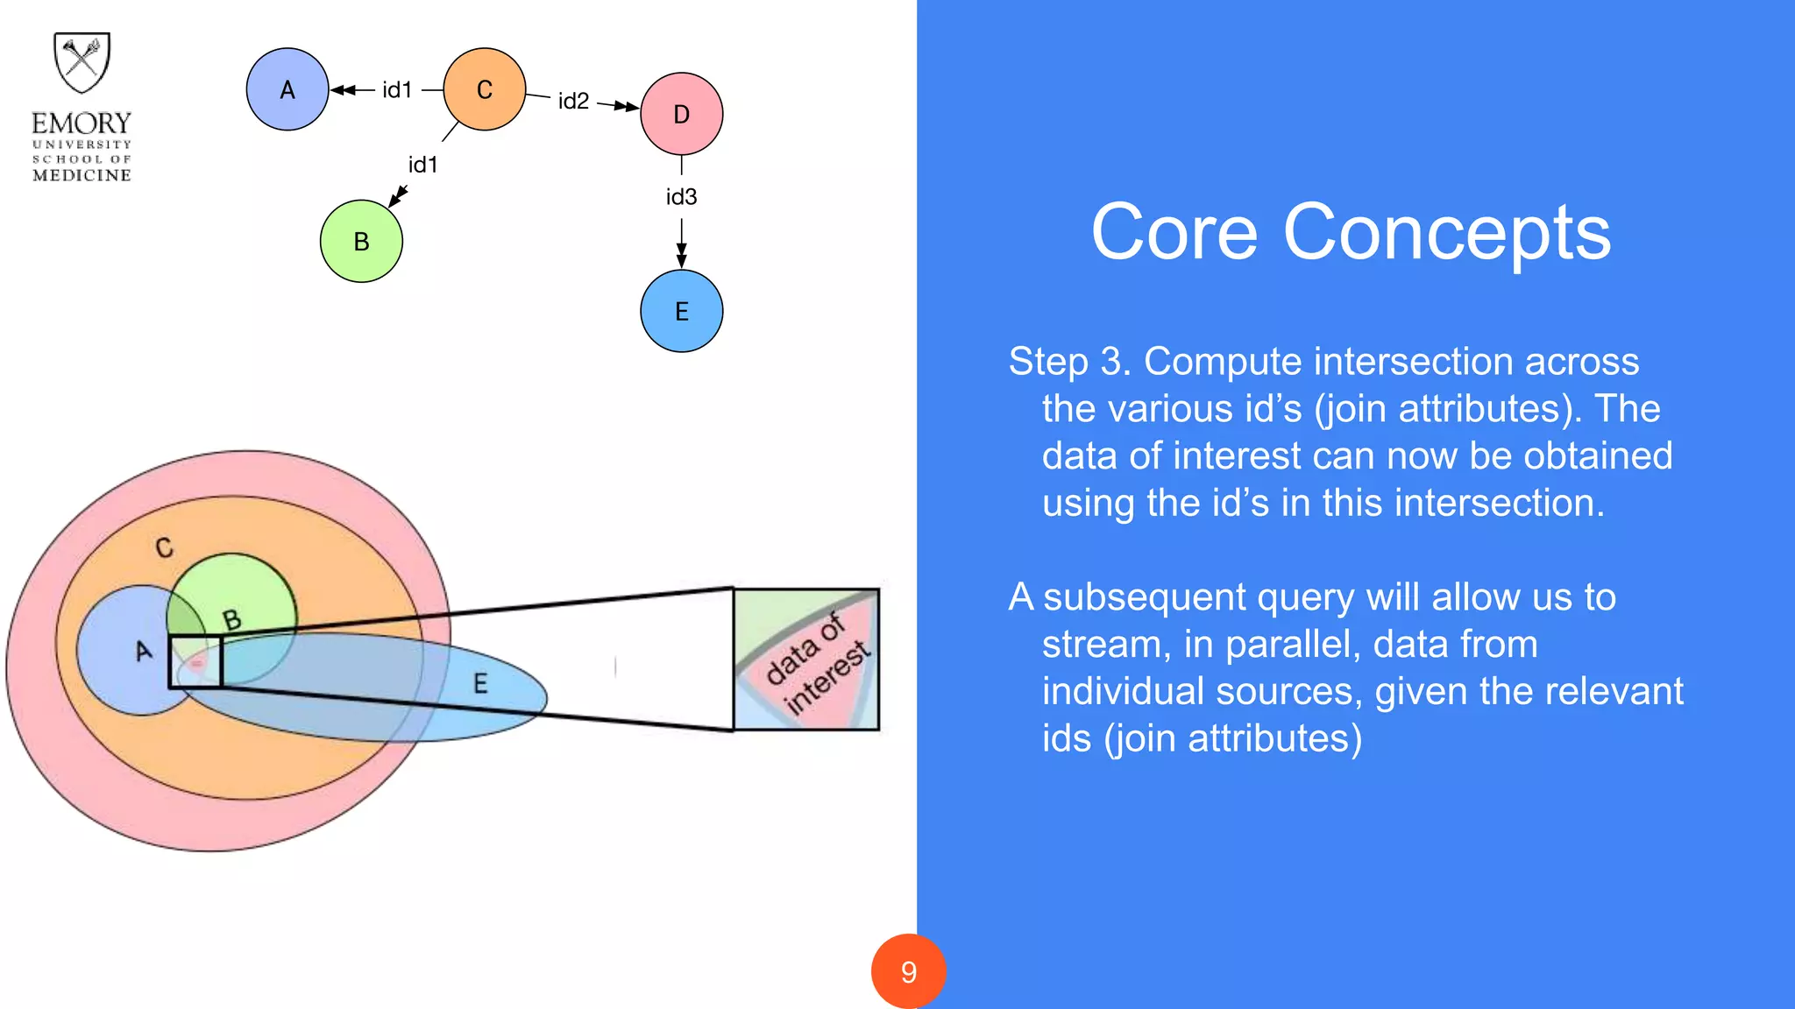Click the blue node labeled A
pos(287,89)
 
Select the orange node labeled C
pos(485,89)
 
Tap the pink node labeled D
pos(682,114)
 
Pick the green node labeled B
pos(361,241)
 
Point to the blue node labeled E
pos(682,311)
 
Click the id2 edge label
pos(573,102)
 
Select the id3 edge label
pos(681,197)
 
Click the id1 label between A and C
pos(397,89)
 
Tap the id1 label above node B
pos(422,165)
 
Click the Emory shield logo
pos(82,62)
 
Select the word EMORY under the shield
pos(82,123)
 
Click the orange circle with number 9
pos(908,971)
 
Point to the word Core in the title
pos(1174,233)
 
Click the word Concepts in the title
pos(1446,233)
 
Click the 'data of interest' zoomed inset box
pos(806,660)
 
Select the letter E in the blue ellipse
pos(480,683)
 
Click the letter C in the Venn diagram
pos(164,548)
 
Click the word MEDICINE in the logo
pos(82,175)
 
